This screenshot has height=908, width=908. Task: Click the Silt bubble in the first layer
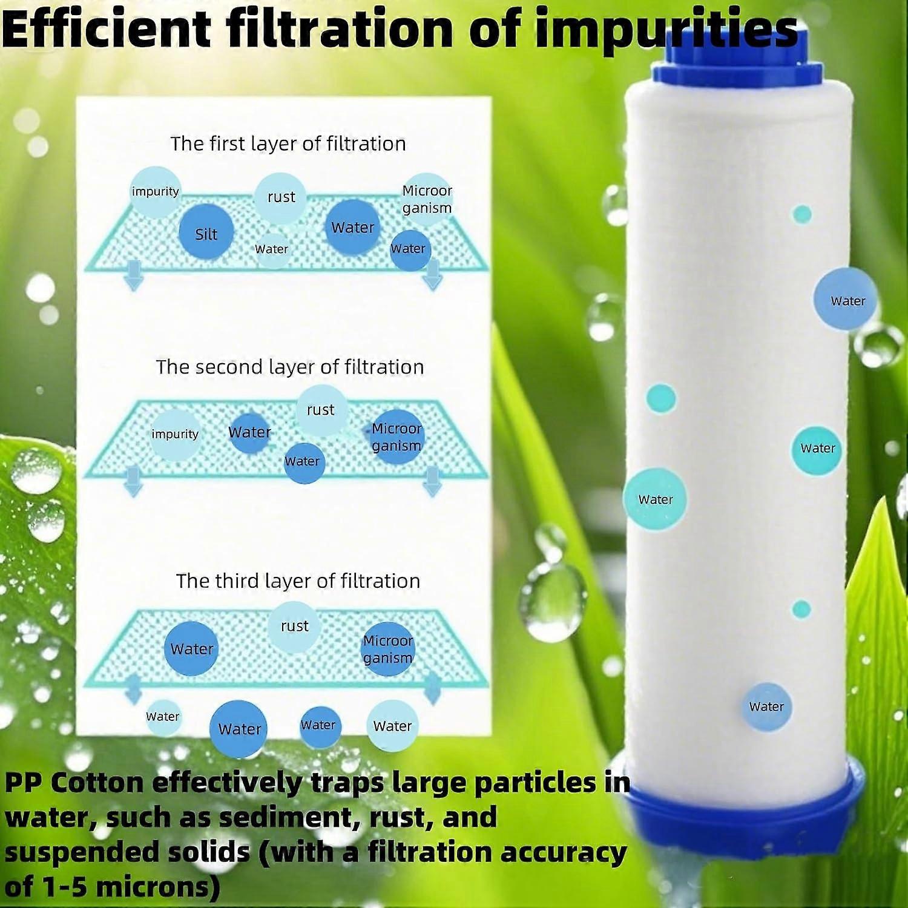(x=206, y=234)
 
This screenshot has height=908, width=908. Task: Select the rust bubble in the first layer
(x=280, y=197)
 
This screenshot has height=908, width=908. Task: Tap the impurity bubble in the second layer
(x=175, y=434)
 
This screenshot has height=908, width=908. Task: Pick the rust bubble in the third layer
(x=294, y=626)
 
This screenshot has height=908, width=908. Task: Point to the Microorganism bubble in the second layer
(x=396, y=436)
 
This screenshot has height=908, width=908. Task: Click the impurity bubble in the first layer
(x=156, y=192)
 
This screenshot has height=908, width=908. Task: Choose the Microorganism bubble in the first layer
(x=427, y=199)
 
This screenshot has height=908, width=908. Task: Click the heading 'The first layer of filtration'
(x=288, y=143)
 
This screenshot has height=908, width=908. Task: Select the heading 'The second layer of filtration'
(x=290, y=367)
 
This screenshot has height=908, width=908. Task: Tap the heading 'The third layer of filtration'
(x=298, y=581)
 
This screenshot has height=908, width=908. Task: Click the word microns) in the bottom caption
(x=157, y=887)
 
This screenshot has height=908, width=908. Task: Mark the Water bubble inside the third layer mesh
(x=192, y=649)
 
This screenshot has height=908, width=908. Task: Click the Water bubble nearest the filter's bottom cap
(x=766, y=706)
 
